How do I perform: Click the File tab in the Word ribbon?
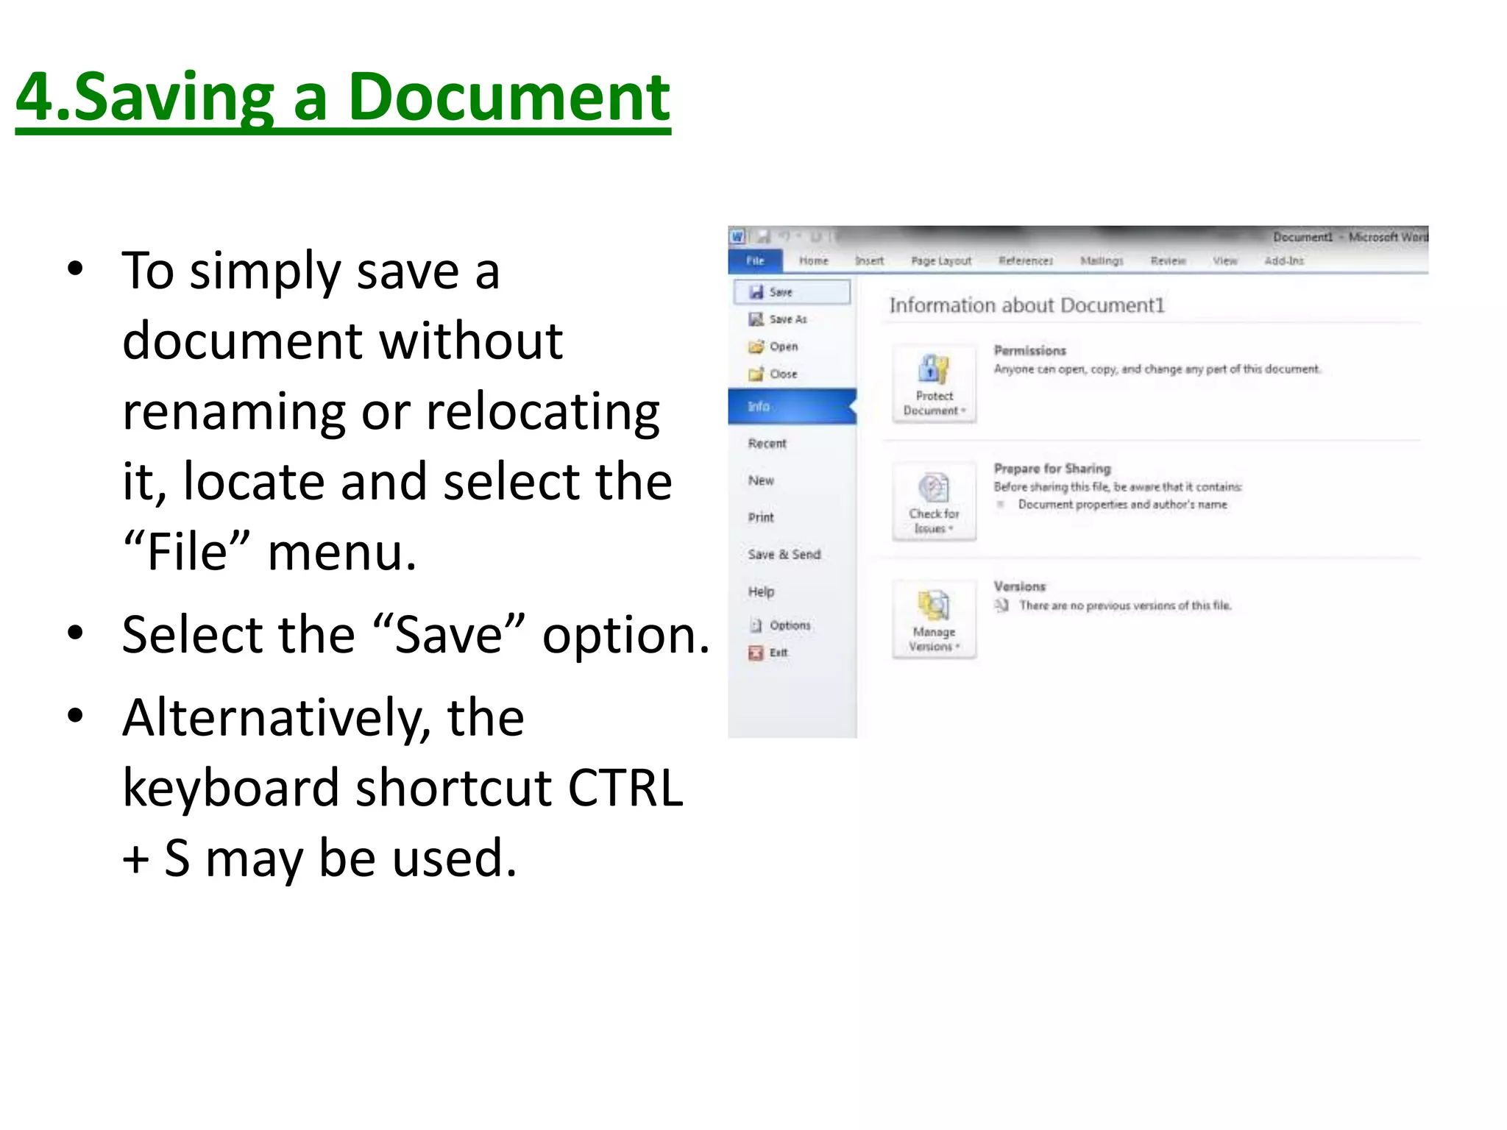pyautogui.click(x=755, y=260)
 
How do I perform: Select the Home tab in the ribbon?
pyautogui.click(x=813, y=260)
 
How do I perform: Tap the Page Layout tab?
pyautogui.click(x=940, y=260)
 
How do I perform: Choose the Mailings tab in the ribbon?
pyautogui.click(x=1101, y=260)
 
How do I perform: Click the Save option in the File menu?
pyautogui.click(x=780, y=292)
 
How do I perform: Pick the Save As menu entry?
pyautogui.click(x=787, y=319)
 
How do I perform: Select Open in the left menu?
pyautogui.click(x=783, y=347)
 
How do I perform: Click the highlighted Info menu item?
pyautogui.click(x=759, y=406)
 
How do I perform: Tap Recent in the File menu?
pyautogui.click(x=767, y=444)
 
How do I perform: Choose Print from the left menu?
pyautogui.click(x=761, y=517)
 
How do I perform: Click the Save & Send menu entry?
pyautogui.click(x=784, y=555)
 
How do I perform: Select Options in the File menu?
pyautogui.click(x=790, y=625)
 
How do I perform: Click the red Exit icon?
pyautogui.click(x=756, y=653)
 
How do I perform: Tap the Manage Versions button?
pyautogui.click(x=934, y=619)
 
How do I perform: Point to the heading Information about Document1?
pyautogui.click(x=1026, y=305)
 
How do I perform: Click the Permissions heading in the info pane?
pyautogui.click(x=1029, y=351)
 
